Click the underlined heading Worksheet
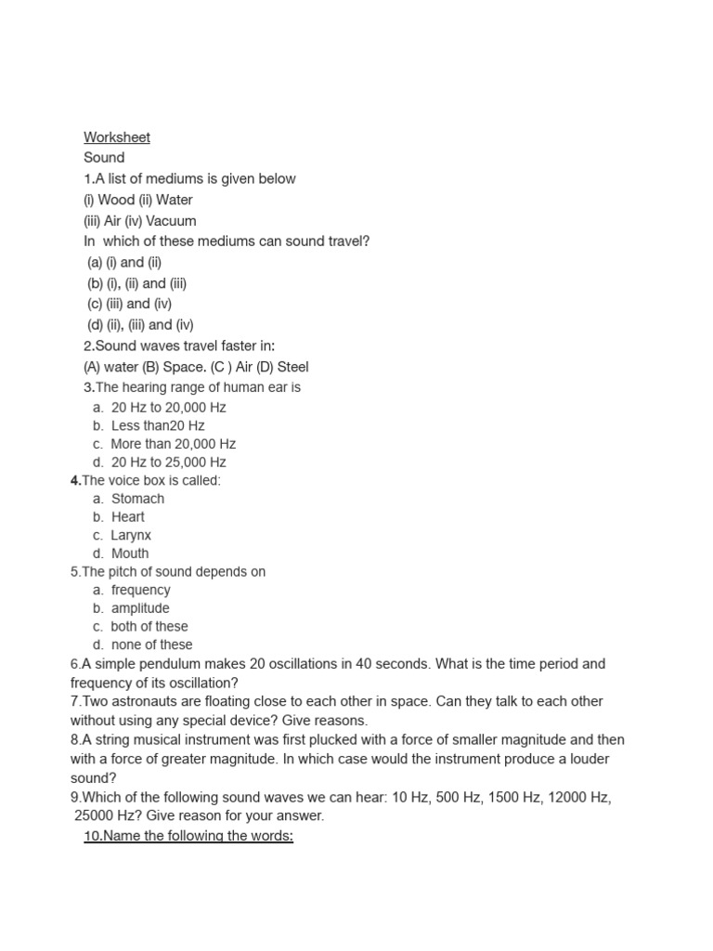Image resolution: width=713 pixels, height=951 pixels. pyautogui.click(x=117, y=137)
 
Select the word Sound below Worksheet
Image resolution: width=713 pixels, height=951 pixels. pyautogui.click(x=104, y=158)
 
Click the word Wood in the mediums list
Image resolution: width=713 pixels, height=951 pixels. pyautogui.click(x=116, y=200)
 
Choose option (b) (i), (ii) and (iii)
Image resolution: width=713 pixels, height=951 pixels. pyautogui.click(x=136, y=283)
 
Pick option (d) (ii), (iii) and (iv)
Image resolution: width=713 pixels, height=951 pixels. pyautogui.click(x=140, y=324)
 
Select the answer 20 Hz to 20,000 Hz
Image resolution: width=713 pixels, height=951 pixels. pyautogui.click(x=168, y=407)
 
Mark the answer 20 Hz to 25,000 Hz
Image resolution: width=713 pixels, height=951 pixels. pyautogui.click(x=168, y=462)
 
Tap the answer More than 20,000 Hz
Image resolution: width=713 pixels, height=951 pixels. pyautogui.click(x=174, y=444)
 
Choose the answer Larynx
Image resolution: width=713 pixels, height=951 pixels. pyautogui.click(x=131, y=535)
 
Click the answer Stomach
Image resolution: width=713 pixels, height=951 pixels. pyautogui.click(x=137, y=499)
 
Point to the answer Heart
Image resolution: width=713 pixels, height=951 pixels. pyautogui.click(x=128, y=516)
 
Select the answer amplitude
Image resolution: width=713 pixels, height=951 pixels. pyautogui.click(x=140, y=608)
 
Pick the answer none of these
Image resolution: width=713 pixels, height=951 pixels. pyautogui.click(x=151, y=645)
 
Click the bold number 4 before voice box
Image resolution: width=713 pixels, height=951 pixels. pyautogui.click(x=74, y=480)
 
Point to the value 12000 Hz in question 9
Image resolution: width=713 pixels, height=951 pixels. pyautogui.click(x=574, y=798)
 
